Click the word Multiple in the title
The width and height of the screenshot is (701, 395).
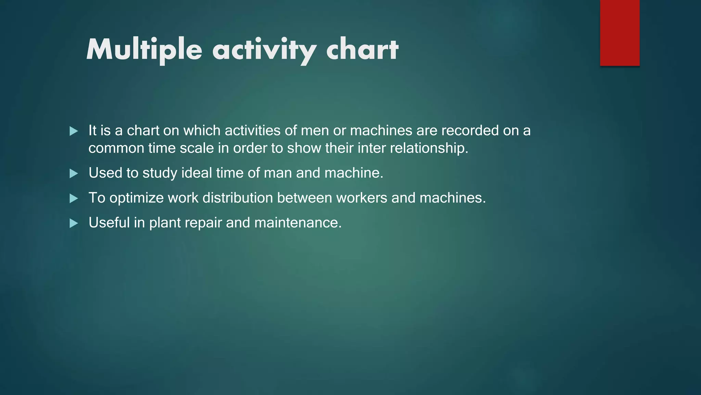(x=144, y=50)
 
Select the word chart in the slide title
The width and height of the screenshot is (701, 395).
(x=362, y=50)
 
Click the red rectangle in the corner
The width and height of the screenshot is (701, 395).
(x=620, y=33)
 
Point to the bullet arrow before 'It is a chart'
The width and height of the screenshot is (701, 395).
(x=74, y=131)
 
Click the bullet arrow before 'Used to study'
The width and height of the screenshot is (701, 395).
(x=74, y=173)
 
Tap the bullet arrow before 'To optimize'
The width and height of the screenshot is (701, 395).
(x=74, y=199)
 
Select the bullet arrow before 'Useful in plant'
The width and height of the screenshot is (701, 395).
(x=74, y=224)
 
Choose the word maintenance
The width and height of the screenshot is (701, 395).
(x=298, y=223)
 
